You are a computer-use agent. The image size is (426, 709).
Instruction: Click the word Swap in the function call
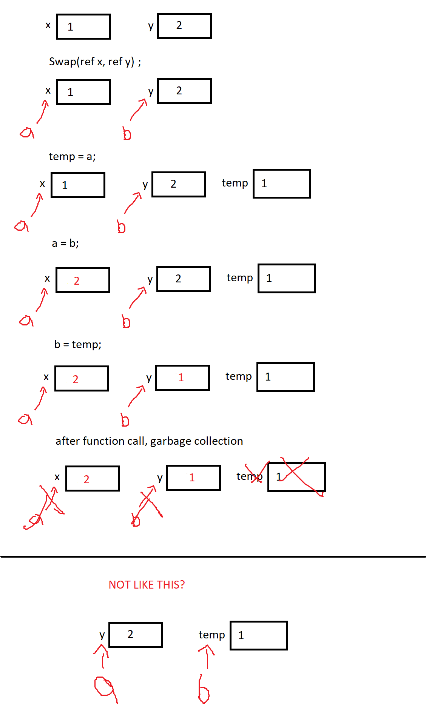coord(62,62)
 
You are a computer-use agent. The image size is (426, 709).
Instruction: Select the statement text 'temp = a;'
coord(72,156)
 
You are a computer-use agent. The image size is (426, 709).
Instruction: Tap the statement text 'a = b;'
coord(65,244)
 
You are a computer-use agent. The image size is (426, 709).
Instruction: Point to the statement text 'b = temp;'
coord(78,344)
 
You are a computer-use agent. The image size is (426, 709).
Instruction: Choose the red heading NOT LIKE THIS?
coord(147,585)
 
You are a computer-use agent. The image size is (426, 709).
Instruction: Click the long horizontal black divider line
coord(213,556)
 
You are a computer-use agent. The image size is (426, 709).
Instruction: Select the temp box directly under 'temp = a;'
coord(282,183)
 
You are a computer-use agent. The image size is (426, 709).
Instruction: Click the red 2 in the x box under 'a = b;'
coord(77,281)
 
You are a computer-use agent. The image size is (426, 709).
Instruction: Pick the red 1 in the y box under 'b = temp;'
coord(181,378)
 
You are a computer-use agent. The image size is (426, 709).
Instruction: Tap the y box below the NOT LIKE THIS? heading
coord(136,635)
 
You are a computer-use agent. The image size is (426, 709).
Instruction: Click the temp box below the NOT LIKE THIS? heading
coord(259,635)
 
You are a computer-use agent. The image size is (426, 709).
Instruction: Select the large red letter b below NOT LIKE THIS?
coord(204,691)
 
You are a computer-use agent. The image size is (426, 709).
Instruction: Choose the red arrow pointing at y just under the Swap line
coord(138,109)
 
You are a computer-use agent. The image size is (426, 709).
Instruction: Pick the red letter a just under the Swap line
coord(27,133)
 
